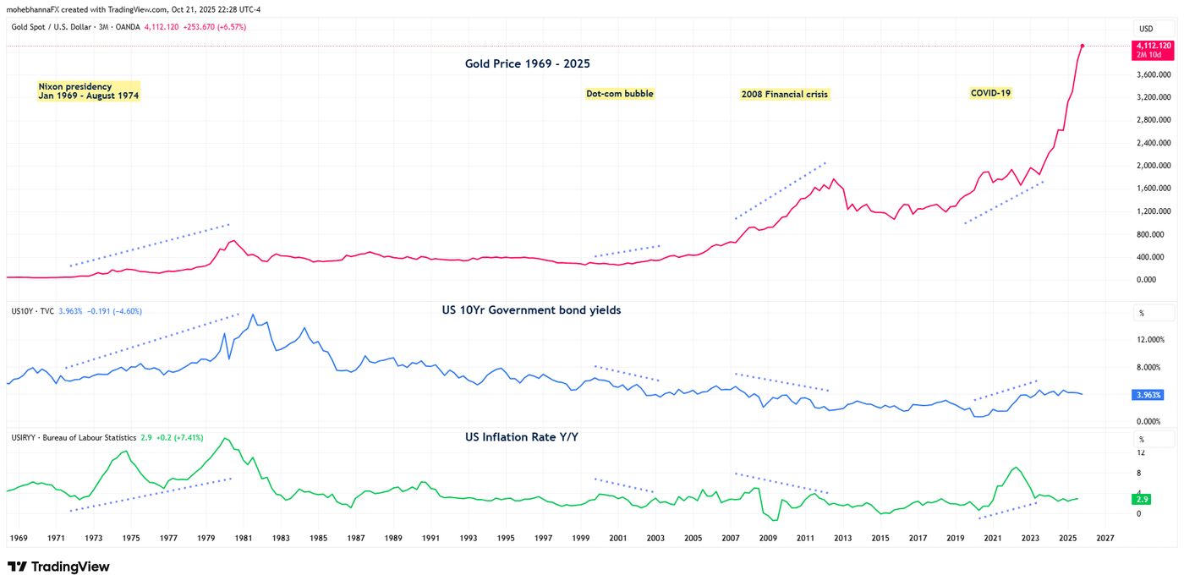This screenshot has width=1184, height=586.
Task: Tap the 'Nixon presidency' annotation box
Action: point(88,91)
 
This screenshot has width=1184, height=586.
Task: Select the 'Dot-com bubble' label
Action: point(619,94)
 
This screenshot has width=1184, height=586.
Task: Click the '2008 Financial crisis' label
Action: point(785,94)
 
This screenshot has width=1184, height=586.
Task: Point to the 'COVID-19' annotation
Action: point(990,93)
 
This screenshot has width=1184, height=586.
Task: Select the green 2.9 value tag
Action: point(1143,500)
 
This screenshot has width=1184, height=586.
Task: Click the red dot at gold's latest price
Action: point(1083,46)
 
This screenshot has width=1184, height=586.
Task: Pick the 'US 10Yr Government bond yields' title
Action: point(531,310)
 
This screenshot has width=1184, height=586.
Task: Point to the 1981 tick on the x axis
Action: point(244,538)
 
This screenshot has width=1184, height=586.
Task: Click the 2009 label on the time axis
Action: point(768,538)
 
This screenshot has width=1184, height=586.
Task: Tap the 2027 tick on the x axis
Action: point(1105,538)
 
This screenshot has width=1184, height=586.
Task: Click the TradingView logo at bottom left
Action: point(58,567)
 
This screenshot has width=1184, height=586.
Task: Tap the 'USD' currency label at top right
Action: point(1146,29)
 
